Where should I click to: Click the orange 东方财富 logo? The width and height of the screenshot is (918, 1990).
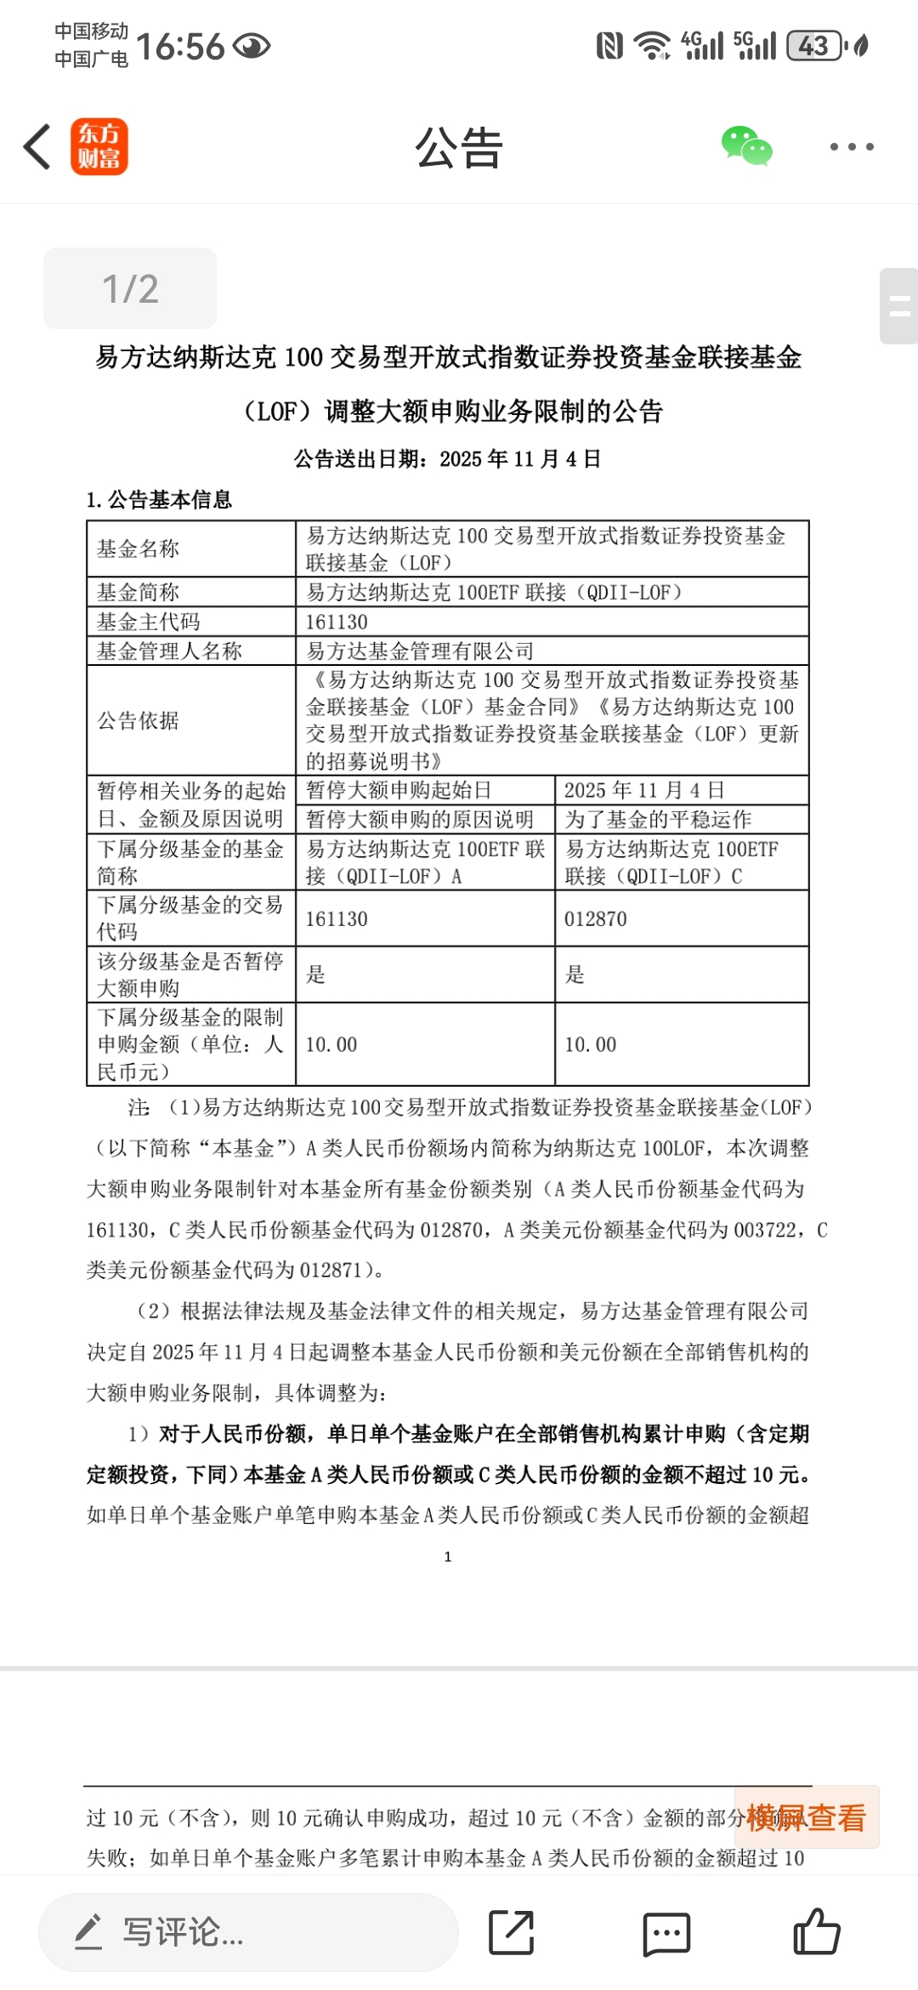pyautogui.click(x=99, y=147)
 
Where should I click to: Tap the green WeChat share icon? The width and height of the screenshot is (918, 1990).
pyautogui.click(x=746, y=146)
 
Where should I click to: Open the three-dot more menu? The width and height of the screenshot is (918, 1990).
pyautogui.click(x=851, y=147)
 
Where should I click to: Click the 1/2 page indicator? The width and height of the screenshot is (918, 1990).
pyautogui.click(x=130, y=289)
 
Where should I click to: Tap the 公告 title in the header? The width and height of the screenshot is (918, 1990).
pyautogui.click(x=459, y=148)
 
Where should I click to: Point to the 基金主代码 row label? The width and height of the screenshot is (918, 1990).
pyautogui.click(x=149, y=622)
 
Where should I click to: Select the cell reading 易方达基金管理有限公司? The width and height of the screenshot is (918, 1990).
pyautogui.click(x=420, y=651)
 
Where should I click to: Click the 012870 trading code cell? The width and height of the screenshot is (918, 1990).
pyautogui.click(x=596, y=919)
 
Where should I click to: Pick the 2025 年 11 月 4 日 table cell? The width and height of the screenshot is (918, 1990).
pyautogui.click(x=644, y=790)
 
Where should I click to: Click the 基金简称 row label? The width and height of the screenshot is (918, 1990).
pyautogui.click(x=138, y=592)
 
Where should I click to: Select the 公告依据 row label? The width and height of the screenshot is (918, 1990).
pyautogui.click(x=138, y=720)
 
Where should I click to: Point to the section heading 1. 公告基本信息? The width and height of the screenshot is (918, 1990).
pyautogui.click(x=159, y=499)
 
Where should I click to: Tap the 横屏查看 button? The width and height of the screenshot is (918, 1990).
pyautogui.click(x=806, y=1817)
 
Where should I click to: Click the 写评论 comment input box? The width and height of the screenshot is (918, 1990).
pyautogui.click(x=248, y=1932)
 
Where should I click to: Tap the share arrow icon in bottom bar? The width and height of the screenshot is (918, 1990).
pyautogui.click(x=511, y=1932)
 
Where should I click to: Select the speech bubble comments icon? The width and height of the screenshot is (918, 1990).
pyautogui.click(x=666, y=1933)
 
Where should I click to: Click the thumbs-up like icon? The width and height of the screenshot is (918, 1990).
pyautogui.click(x=817, y=1932)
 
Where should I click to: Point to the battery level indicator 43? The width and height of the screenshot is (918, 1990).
pyautogui.click(x=813, y=46)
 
